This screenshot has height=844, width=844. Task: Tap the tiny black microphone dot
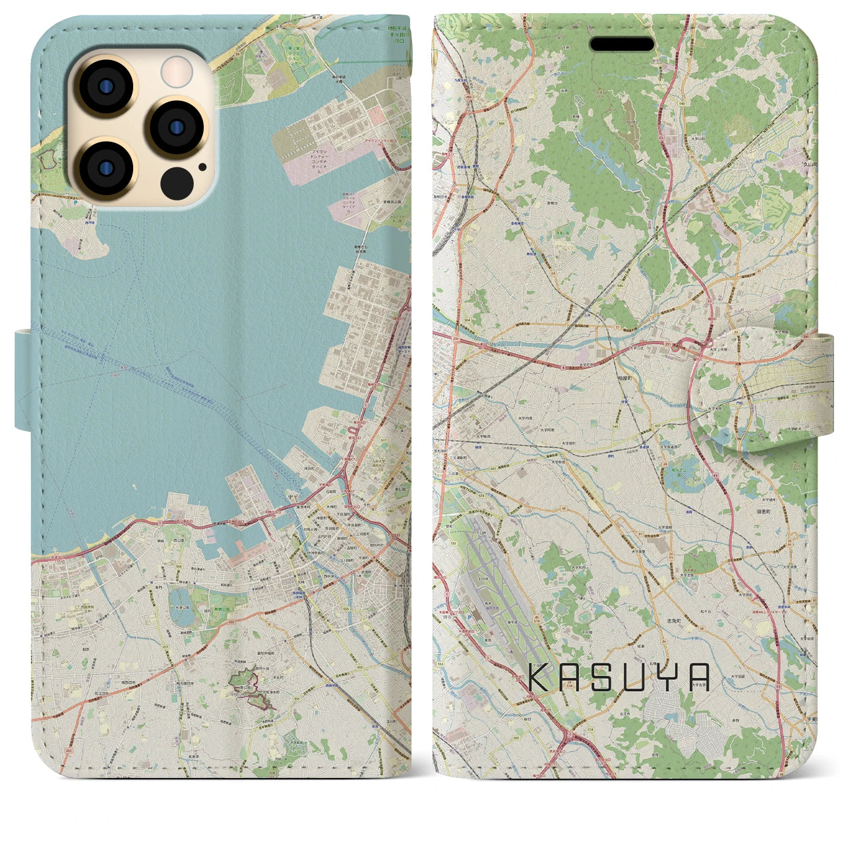[201, 167]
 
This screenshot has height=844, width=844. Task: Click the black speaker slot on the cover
[622, 44]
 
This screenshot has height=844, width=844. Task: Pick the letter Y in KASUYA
[664, 677]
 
